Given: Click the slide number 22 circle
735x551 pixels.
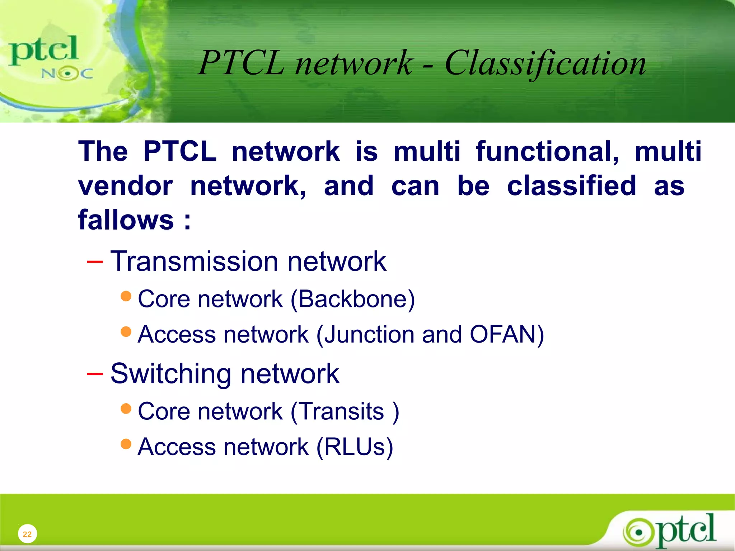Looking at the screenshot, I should (x=27, y=534).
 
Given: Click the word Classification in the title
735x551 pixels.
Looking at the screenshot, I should (x=545, y=63).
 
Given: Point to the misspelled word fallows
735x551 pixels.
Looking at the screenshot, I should (x=126, y=220).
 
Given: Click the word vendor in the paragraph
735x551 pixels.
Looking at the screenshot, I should (x=126, y=186).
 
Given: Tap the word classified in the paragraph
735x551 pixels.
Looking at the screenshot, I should (x=571, y=186).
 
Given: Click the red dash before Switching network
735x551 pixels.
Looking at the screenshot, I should (x=95, y=374).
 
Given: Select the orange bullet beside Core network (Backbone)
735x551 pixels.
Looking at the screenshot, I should (x=126, y=296).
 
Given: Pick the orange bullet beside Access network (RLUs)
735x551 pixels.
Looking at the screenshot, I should (x=126, y=444).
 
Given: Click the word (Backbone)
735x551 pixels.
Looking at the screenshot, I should (x=352, y=299).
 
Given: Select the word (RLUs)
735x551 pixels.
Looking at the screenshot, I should (x=355, y=447).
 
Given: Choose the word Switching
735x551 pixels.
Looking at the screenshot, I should (x=171, y=374).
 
